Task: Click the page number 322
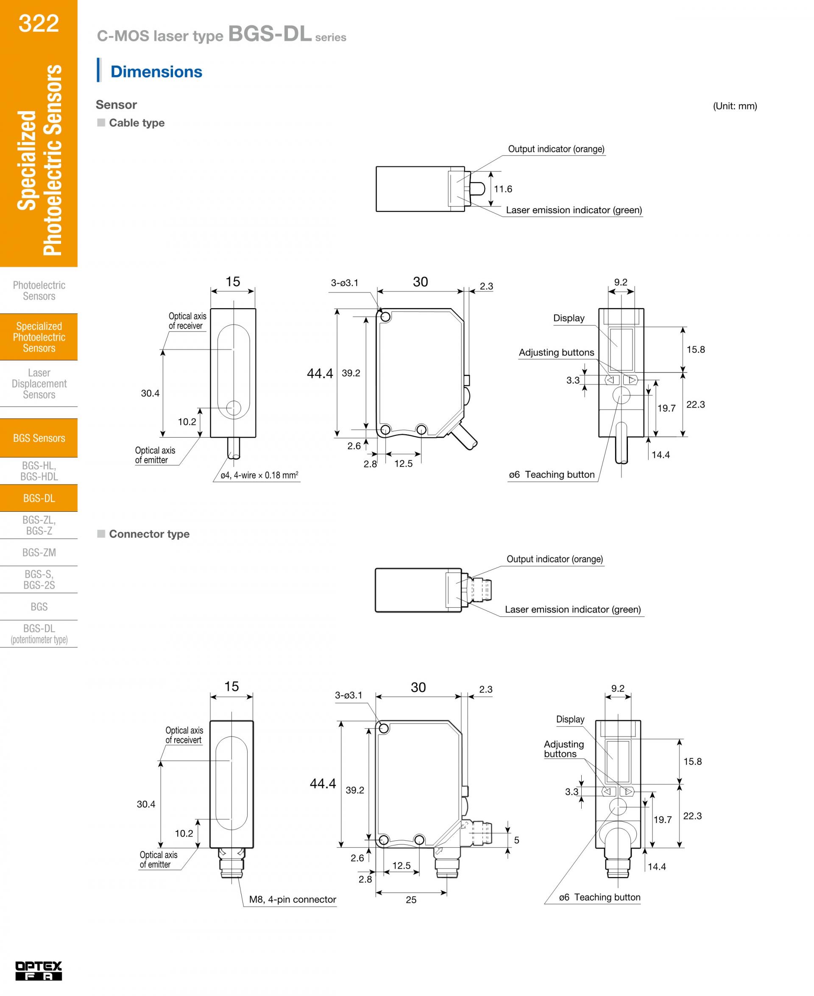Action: click(x=39, y=23)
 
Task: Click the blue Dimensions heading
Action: click(x=156, y=72)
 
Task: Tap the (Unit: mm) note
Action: click(x=735, y=106)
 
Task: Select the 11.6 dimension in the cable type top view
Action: click(x=503, y=189)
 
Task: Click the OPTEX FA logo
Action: click(x=39, y=970)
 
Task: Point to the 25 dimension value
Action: click(x=411, y=899)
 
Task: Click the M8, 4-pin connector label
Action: click(x=293, y=899)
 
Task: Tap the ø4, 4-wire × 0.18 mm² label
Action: click(x=259, y=475)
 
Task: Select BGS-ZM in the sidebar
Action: click(x=39, y=552)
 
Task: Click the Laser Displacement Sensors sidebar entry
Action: click(x=39, y=384)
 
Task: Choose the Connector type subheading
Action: click(x=149, y=534)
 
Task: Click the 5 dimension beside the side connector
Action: click(x=516, y=840)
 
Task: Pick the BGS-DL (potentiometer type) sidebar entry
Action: click(x=39, y=633)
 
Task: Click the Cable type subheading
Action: click(x=137, y=123)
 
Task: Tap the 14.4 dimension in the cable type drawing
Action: click(x=660, y=455)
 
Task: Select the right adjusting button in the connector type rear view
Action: click(x=627, y=792)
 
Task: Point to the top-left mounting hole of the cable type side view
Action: click(x=385, y=317)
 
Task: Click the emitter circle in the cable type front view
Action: click(x=233, y=408)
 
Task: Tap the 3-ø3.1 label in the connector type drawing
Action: click(x=348, y=695)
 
